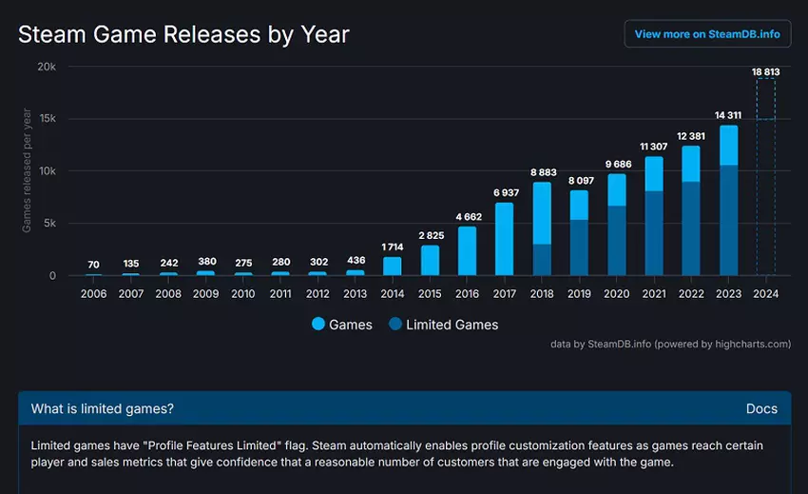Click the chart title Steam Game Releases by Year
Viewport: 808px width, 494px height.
pos(183,35)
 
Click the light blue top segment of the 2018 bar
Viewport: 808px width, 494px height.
pos(541,212)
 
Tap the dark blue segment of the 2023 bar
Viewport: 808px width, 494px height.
pos(728,220)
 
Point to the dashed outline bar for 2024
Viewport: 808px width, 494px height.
pos(765,177)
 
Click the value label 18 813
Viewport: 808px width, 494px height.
pos(765,70)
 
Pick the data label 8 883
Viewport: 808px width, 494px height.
pos(541,173)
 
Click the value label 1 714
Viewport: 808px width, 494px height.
pos(393,247)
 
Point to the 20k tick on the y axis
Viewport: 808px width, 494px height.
pos(47,67)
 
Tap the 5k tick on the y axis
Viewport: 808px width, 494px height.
pos(49,224)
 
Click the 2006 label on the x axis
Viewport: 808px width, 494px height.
pos(92,294)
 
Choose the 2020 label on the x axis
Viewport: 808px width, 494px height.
pos(616,294)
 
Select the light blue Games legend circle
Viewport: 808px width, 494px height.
pos(318,325)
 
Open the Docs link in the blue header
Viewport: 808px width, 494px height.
pos(761,408)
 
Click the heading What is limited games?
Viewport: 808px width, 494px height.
pos(103,408)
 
